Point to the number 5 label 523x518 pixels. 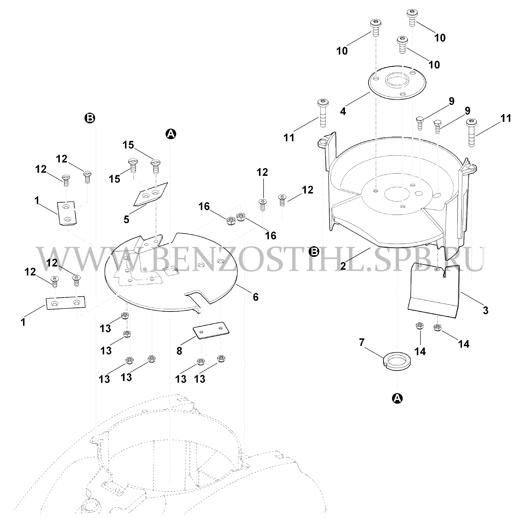tap(126, 219)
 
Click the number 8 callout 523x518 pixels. tap(179, 351)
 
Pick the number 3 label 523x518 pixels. tap(486, 309)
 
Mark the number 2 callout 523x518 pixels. tap(343, 266)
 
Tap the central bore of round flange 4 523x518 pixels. tap(397, 80)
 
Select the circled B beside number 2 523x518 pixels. tap(314, 252)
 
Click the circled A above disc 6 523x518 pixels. tap(171, 134)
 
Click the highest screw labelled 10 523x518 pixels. tap(412, 17)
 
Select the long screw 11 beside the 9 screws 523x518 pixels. tap(471, 133)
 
